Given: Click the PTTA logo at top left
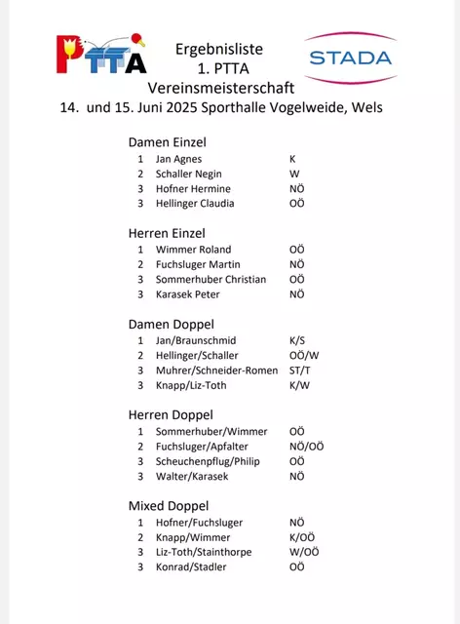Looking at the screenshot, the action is [x=101, y=56].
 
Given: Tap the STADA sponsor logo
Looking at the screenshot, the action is [x=349, y=57].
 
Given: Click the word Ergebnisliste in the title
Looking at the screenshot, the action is [x=219, y=48].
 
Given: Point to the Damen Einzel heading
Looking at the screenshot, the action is [x=167, y=142].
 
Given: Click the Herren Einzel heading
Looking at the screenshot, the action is [x=167, y=233].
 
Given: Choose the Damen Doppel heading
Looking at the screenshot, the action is [x=171, y=324].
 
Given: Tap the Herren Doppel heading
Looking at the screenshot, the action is [x=171, y=415].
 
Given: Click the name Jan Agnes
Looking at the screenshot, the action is [x=177, y=158].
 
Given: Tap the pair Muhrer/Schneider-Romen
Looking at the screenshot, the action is [x=216, y=370].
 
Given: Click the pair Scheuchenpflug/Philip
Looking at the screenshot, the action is [x=208, y=461].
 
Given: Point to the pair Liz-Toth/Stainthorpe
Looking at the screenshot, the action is [x=204, y=552].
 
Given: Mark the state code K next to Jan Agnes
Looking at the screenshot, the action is [x=292, y=158].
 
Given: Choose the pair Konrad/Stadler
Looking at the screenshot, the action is [x=191, y=566].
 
